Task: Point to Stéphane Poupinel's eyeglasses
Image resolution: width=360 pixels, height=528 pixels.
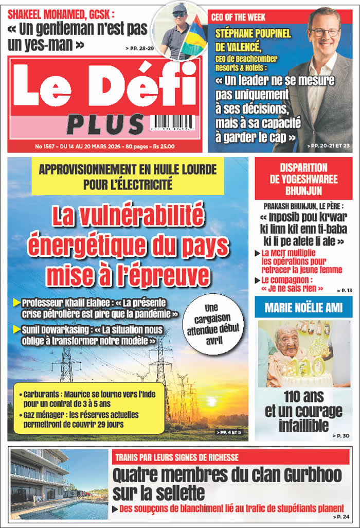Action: coord(325,32)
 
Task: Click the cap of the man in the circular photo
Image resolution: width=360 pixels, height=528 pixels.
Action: coord(179,9)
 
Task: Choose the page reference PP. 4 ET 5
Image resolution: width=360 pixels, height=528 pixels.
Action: coord(228,433)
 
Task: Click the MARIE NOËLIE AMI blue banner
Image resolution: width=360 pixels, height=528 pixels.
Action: coord(303,308)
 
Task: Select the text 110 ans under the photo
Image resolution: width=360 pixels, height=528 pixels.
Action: coord(303,397)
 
